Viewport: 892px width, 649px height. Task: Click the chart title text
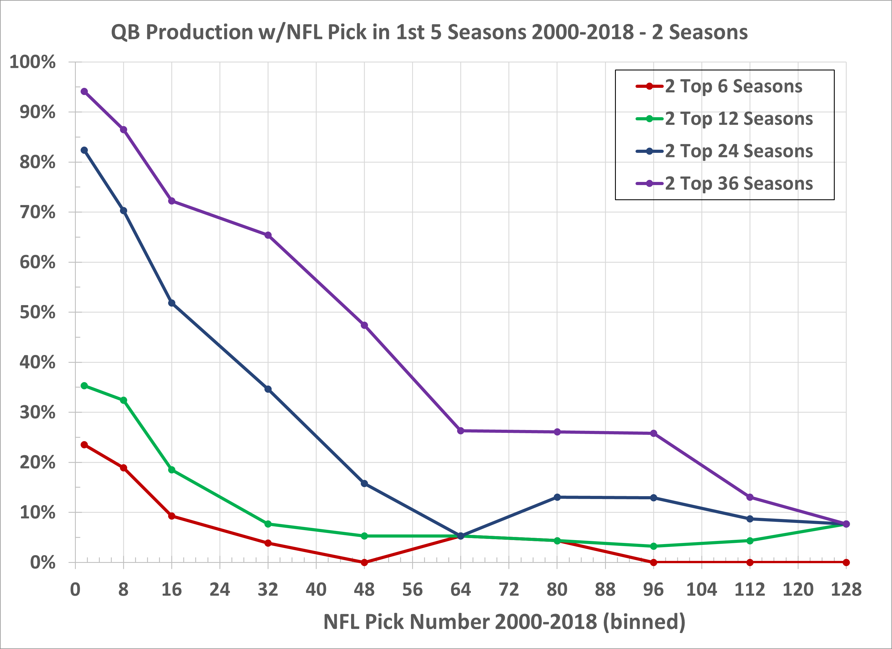(x=429, y=32)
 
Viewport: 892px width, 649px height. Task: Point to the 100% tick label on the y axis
(x=32, y=62)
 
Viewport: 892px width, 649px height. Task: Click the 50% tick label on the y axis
(x=37, y=313)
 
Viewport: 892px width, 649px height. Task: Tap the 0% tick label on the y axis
(x=42, y=563)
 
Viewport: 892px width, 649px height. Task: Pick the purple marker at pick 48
(x=364, y=325)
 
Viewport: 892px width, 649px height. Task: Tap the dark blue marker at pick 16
(x=172, y=303)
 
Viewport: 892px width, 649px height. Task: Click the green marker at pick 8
(x=123, y=400)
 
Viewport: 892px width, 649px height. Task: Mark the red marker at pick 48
(x=364, y=562)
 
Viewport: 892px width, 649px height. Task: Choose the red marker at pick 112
(x=750, y=562)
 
